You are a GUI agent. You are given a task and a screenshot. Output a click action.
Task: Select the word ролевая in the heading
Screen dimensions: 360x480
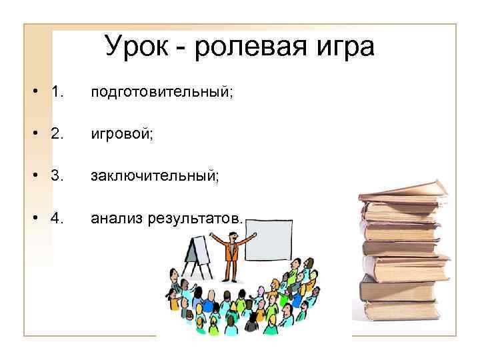point(257,47)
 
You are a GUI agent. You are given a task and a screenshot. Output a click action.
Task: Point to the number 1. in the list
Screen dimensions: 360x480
point(56,91)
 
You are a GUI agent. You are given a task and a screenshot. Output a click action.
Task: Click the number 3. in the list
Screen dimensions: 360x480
point(56,176)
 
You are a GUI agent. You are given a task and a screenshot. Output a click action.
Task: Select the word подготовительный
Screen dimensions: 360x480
point(162,91)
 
